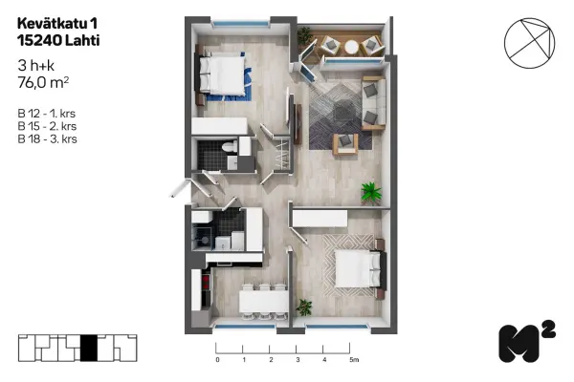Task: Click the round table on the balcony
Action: [x=351, y=47]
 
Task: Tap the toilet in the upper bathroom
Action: [x=229, y=146]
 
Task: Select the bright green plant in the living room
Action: [x=371, y=192]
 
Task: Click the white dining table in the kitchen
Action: [x=264, y=302]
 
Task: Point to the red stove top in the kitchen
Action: [x=206, y=283]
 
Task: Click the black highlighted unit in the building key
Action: [x=89, y=348]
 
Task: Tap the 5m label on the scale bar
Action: [x=354, y=360]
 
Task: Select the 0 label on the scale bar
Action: [x=217, y=360]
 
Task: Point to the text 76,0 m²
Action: [x=43, y=83]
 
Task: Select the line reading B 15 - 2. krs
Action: [x=47, y=126]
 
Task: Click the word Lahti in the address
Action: [x=82, y=40]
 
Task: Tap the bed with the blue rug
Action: [x=222, y=75]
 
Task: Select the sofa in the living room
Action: [x=374, y=103]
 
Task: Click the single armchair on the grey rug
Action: [x=345, y=143]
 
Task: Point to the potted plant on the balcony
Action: [x=304, y=36]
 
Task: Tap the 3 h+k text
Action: [x=36, y=66]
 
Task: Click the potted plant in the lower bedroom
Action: [x=304, y=308]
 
